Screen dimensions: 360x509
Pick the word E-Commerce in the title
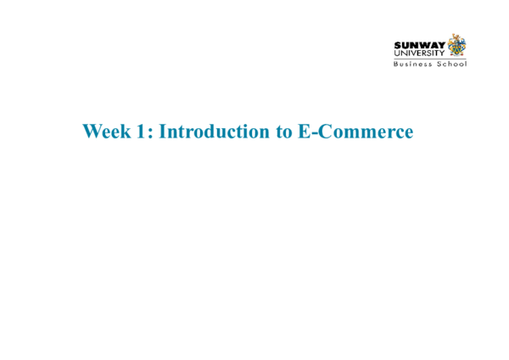pos(355,132)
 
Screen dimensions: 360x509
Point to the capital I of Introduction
pos(163,132)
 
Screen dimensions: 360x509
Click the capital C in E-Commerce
pos(322,132)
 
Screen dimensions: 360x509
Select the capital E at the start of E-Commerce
pos(302,132)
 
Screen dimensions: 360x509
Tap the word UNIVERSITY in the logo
pos(419,53)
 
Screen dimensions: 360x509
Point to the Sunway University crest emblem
pos(457,45)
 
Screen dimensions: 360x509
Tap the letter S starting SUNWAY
pos(397,45)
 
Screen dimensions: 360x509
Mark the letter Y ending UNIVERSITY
pos(442,53)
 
